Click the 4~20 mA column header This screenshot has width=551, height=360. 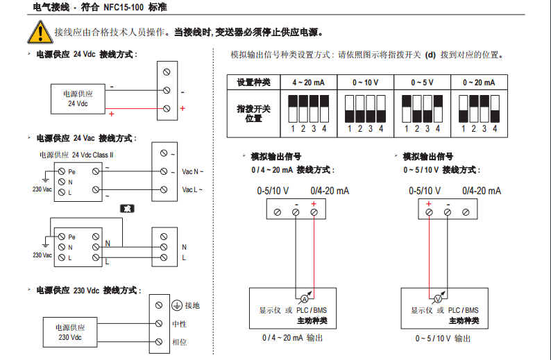click(308, 82)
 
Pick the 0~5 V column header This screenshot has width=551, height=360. click(421, 82)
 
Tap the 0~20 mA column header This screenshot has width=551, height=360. click(478, 82)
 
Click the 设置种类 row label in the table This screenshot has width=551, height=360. click(253, 82)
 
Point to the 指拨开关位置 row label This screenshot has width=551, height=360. click(253, 114)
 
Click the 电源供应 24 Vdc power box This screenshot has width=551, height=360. click(77, 98)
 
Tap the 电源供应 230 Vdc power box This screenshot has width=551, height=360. click(69, 332)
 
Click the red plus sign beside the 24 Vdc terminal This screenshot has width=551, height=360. click(183, 109)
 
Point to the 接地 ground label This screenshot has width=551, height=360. click(190, 305)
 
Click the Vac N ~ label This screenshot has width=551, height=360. click(192, 171)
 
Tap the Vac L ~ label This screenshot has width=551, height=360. click(192, 189)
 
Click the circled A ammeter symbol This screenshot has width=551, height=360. click(303, 298)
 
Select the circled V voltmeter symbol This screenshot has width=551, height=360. click(437, 298)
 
